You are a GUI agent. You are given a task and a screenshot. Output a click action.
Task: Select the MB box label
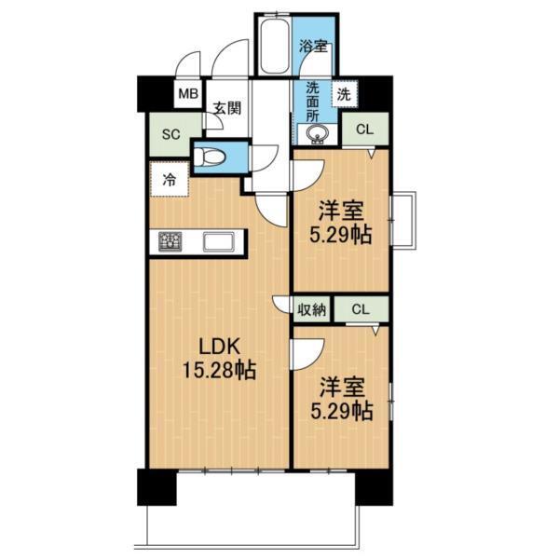188,94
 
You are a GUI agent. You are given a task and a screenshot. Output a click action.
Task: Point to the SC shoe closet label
170,134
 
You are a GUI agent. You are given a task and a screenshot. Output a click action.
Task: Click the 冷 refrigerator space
170,180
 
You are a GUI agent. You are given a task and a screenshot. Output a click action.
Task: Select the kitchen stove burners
171,242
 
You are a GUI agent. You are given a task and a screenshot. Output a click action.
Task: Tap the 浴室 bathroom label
312,45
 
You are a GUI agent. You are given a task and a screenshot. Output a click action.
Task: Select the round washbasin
316,133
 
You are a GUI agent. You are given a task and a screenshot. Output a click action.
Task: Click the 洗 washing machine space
344,93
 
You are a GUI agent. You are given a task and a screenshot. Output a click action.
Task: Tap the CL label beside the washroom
364,130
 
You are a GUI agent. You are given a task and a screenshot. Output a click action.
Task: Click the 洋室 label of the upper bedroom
341,209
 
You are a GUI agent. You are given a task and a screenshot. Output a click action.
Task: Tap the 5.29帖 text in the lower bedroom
341,409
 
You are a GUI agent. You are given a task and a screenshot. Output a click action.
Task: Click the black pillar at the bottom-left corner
155,485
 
